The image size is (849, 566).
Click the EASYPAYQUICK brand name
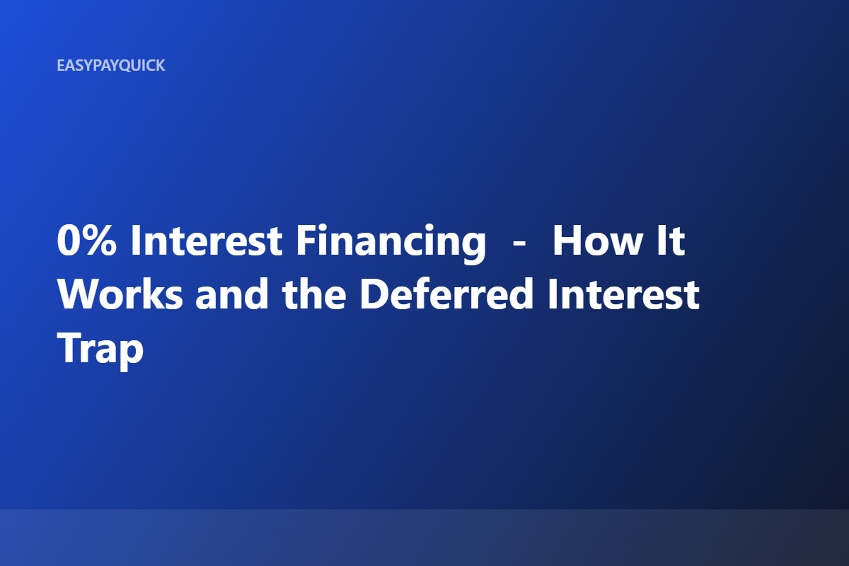click(110, 66)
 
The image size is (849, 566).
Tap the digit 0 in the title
click(67, 241)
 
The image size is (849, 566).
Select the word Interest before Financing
click(206, 241)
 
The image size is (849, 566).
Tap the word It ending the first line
click(671, 241)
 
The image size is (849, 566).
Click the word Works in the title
click(120, 294)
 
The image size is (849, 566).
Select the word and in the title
click(232, 294)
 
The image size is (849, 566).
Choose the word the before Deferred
click(314, 294)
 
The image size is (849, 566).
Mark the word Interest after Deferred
click(623, 294)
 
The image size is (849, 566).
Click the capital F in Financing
click(306, 241)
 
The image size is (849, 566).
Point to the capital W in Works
click(79, 294)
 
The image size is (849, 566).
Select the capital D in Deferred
click(374, 294)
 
